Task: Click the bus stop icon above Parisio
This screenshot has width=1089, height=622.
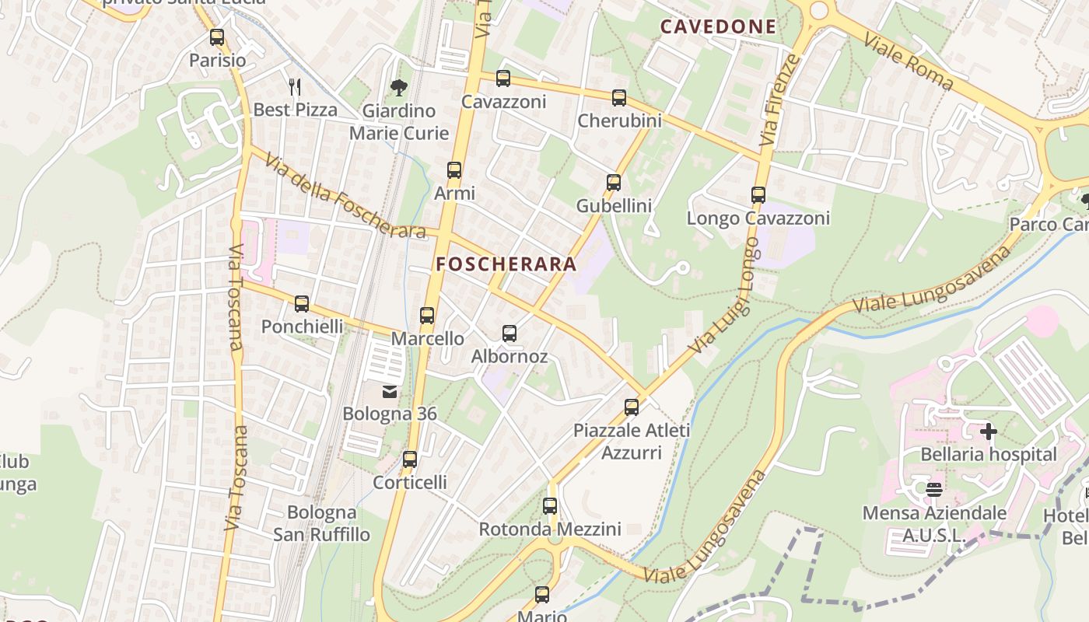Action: click(217, 37)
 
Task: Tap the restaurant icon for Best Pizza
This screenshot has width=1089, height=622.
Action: click(295, 86)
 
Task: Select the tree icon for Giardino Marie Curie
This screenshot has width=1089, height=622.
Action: click(399, 87)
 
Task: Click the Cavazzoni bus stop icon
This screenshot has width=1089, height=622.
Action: click(503, 79)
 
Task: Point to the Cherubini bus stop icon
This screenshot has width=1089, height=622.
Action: click(619, 98)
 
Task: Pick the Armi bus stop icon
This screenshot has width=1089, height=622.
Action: click(454, 170)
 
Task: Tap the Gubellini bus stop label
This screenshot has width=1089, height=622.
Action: click(614, 206)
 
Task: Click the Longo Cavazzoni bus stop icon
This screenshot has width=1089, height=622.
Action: click(758, 195)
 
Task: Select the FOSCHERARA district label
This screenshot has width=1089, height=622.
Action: click(506, 264)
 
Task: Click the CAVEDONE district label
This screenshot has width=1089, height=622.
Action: click(718, 27)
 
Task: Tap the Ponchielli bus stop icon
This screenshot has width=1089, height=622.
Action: click(302, 304)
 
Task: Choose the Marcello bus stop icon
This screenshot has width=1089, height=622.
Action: click(427, 316)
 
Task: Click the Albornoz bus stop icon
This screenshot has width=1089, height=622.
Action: click(509, 334)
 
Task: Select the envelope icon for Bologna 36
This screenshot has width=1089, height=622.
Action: click(390, 391)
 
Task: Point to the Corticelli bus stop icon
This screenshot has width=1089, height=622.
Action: click(410, 460)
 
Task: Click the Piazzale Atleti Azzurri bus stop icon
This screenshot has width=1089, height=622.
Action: click(632, 407)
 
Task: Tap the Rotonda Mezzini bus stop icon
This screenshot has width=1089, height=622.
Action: click(550, 506)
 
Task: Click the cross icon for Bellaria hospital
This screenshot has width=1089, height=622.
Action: click(989, 431)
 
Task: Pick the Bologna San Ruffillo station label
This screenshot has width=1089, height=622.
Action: click(321, 523)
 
